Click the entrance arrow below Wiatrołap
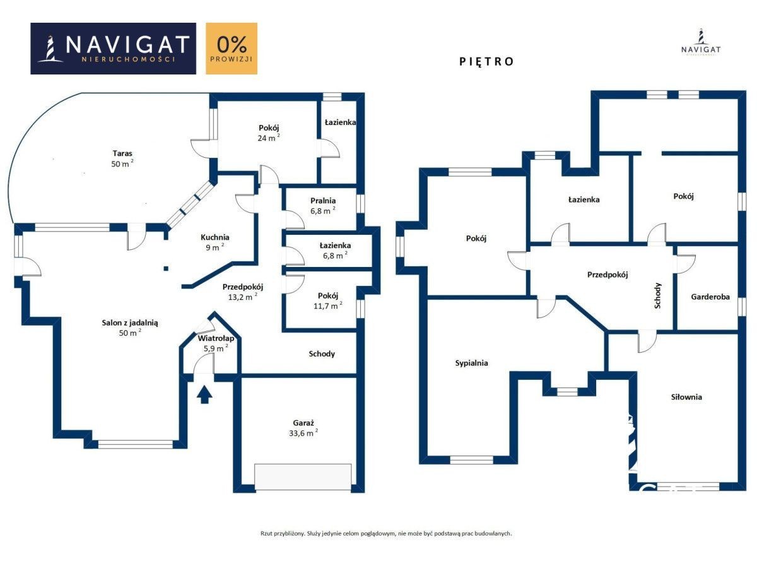click(204, 394)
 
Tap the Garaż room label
click(303, 423)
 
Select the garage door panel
click(303, 476)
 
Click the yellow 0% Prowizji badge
click(232, 49)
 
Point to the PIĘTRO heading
click(486, 61)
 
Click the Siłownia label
click(686, 397)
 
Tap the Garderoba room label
click(710, 297)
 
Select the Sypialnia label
click(471, 363)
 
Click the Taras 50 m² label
click(122, 158)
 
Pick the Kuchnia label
click(215, 237)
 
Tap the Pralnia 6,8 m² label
click(323, 206)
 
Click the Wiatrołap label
click(216, 338)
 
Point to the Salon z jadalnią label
click(130, 323)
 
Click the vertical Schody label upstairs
click(658, 295)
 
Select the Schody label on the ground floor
click(322, 354)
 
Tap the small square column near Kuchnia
click(166, 268)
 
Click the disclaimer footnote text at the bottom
click(386, 533)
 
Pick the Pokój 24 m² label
click(269, 133)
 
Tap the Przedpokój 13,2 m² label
click(242, 292)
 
